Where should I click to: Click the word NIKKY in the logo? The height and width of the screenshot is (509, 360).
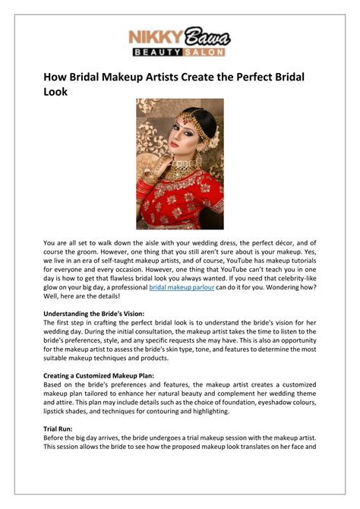click(155, 37)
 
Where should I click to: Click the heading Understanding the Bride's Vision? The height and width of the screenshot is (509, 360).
click(95, 312)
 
